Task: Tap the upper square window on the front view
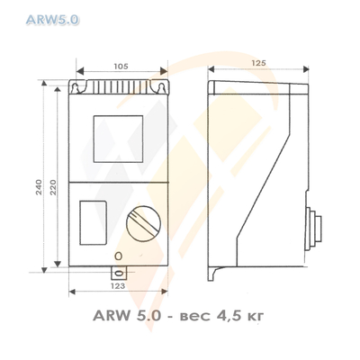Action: [117, 136]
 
